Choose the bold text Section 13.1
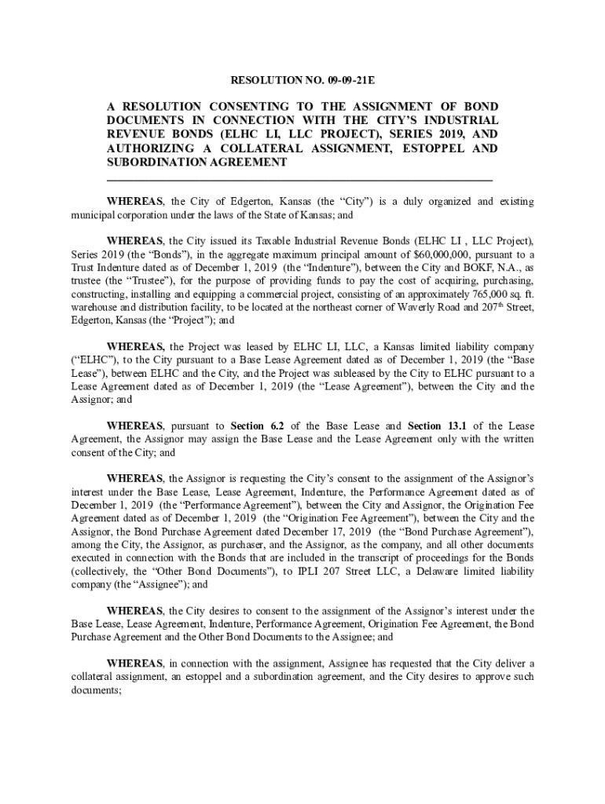[x=435, y=426]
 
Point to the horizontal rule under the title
[x=299, y=180]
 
